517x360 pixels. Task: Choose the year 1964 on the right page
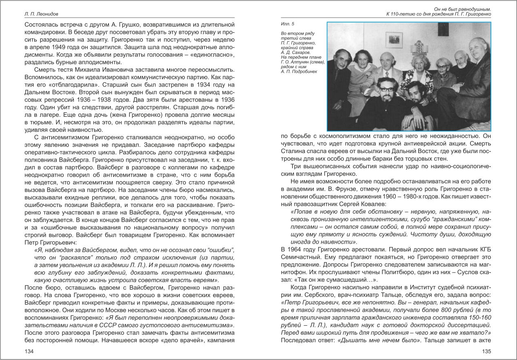[x=296, y=249]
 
